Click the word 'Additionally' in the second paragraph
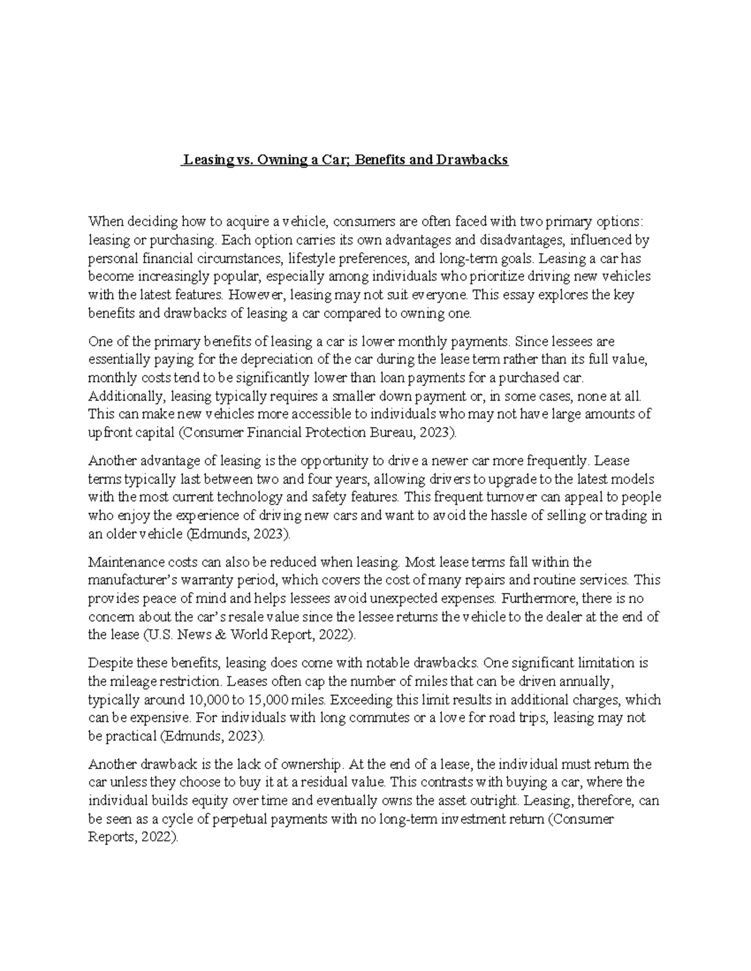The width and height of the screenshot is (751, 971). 125,396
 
